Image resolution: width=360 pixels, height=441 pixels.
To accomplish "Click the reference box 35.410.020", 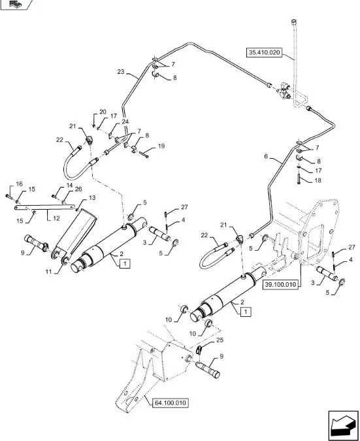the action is (264, 52).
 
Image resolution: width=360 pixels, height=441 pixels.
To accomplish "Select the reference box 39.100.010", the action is (280, 284).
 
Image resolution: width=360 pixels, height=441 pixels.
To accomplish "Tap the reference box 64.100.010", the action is (171, 402).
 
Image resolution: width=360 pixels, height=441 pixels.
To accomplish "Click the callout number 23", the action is (121, 72).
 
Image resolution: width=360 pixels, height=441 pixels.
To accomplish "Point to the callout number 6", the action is (266, 156).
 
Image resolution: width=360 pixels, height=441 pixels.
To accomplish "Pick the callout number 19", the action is (161, 146).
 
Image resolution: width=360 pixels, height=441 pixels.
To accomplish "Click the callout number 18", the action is (318, 180).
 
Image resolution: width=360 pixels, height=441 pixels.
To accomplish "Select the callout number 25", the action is (220, 340).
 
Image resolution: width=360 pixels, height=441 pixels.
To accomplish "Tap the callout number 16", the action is (19, 184).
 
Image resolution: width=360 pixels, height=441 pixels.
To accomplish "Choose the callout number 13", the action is (92, 198).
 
